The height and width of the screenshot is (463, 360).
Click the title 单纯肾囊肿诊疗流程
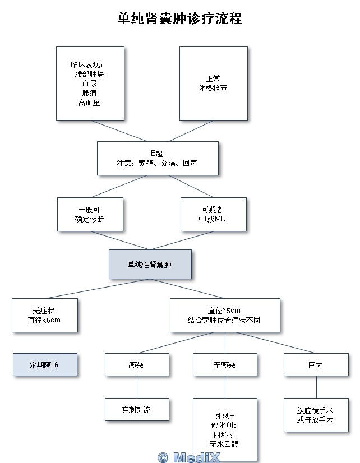180,18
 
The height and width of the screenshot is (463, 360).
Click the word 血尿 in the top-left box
90,84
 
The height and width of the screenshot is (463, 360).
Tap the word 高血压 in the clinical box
90,103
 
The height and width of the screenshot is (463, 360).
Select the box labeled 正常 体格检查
213,83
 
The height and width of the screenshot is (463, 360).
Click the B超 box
158,158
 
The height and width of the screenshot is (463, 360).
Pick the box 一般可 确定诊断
90,214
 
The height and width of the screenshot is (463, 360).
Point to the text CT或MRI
213,219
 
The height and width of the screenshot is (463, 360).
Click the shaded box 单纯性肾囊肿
150,264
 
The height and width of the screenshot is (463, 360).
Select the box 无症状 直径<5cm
44,315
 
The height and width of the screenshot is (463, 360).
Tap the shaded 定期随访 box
44,364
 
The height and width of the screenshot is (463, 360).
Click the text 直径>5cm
224,311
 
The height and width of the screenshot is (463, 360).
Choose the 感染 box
136,365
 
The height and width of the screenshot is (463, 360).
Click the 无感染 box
224,365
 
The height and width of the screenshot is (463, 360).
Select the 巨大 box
316,365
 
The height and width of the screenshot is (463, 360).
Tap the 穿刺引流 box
136,410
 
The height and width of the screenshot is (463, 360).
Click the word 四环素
224,434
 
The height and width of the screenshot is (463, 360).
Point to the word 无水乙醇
224,444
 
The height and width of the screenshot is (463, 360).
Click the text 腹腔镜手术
316,410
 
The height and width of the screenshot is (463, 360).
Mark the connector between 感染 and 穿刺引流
137,387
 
